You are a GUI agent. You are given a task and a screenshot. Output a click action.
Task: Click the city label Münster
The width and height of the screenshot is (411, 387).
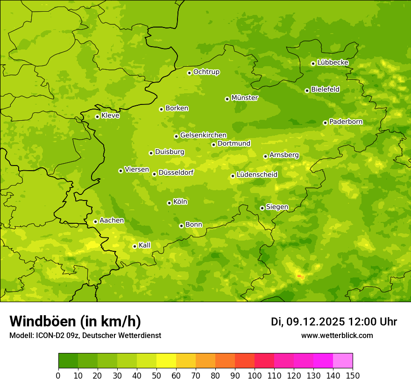pyautogui.click(x=245, y=98)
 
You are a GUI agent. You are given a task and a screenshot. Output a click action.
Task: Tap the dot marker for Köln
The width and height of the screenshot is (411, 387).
pyautogui.click(x=169, y=203)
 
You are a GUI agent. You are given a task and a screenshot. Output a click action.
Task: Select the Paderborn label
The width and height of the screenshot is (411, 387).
pyautogui.click(x=346, y=122)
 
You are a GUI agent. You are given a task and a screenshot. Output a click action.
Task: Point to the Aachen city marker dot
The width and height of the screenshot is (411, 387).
pyautogui.click(x=95, y=221)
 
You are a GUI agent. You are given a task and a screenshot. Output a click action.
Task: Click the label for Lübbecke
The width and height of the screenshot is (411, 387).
pyautogui.click(x=333, y=62)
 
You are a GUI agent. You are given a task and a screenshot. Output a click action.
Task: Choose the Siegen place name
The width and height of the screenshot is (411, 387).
pyautogui.click(x=277, y=207)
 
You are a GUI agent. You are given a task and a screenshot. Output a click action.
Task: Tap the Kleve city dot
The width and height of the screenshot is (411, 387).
pyautogui.click(x=97, y=117)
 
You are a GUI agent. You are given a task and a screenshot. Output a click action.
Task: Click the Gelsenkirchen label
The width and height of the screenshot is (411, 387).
pyautogui.click(x=203, y=135)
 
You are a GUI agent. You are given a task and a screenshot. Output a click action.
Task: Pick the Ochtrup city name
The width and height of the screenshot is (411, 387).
pyautogui.click(x=206, y=72)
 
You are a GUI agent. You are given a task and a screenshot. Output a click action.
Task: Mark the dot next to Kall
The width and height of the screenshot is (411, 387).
pyautogui.click(x=135, y=246)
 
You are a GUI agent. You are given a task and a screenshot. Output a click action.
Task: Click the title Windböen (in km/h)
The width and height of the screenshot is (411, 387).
pyautogui.click(x=75, y=321)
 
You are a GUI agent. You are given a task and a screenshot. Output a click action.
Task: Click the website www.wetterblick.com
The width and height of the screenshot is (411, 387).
pyautogui.click(x=337, y=335)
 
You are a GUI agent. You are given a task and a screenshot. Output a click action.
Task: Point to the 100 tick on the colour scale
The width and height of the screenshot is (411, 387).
pyautogui.click(x=255, y=375)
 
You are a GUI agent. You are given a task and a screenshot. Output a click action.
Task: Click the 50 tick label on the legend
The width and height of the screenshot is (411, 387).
pyautogui.click(x=156, y=375)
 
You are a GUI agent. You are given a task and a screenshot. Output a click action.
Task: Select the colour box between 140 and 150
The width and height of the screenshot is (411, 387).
pyautogui.click(x=343, y=361)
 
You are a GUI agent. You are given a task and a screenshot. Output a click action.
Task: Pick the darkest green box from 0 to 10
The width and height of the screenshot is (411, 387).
pyautogui.click(x=68, y=361)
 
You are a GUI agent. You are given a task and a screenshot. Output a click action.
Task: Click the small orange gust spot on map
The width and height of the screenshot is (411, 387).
pyautogui.click(x=300, y=277)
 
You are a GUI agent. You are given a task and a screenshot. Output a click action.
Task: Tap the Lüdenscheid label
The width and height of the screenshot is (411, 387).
pyautogui.click(x=257, y=175)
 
